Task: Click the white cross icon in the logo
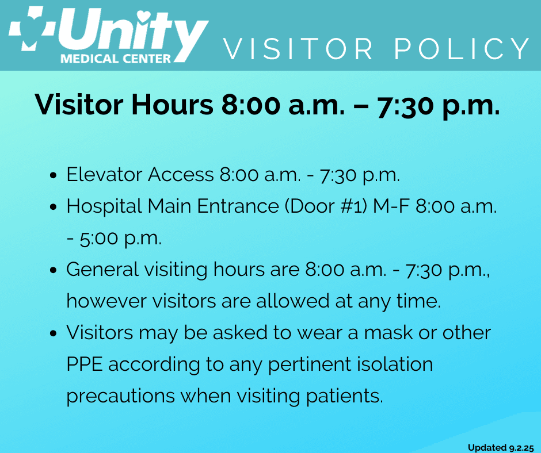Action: click(x=32, y=28)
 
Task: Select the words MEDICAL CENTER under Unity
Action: click(x=116, y=59)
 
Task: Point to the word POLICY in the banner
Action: click(x=462, y=49)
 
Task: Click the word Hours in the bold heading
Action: click(x=172, y=104)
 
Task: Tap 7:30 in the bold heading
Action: click(x=406, y=105)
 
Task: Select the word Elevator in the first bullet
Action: click(x=105, y=174)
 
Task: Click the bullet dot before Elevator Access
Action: click(x=53, y=175)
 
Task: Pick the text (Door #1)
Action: click(x=326, y=206)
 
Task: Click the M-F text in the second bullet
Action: click(x=391, y=206)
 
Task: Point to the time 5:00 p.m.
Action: click(x=121, y=238)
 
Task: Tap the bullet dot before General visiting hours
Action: click(x=53, y=270)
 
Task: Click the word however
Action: click(x=106, y=301)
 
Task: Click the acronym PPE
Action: click(x=85, y=364)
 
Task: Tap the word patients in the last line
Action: click(x=344, y=396)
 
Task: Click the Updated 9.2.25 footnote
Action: click(x=501, y=448)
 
